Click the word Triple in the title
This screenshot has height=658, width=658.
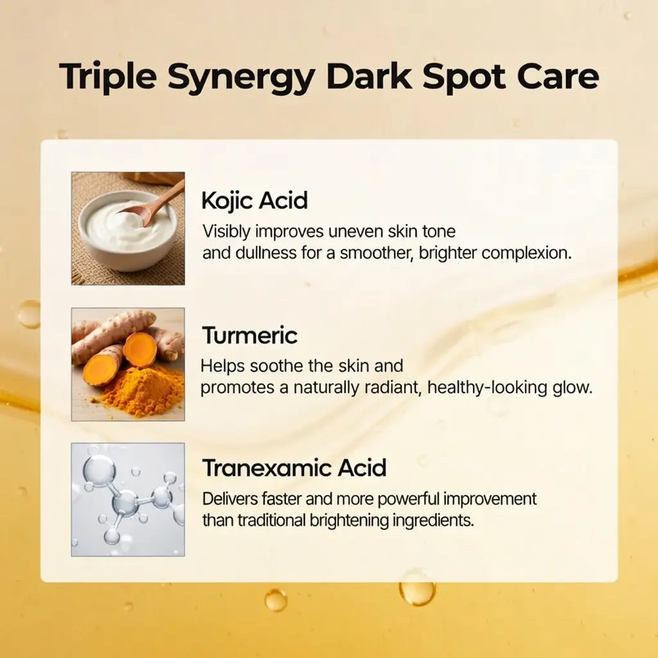108,78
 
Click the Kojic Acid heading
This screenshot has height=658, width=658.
254,200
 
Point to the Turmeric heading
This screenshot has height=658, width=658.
250,335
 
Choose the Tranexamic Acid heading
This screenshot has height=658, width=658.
294,468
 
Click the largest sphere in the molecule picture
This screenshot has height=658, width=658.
99,468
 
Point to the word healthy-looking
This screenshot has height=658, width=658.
487,387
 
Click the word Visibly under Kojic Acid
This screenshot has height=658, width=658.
227,231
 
